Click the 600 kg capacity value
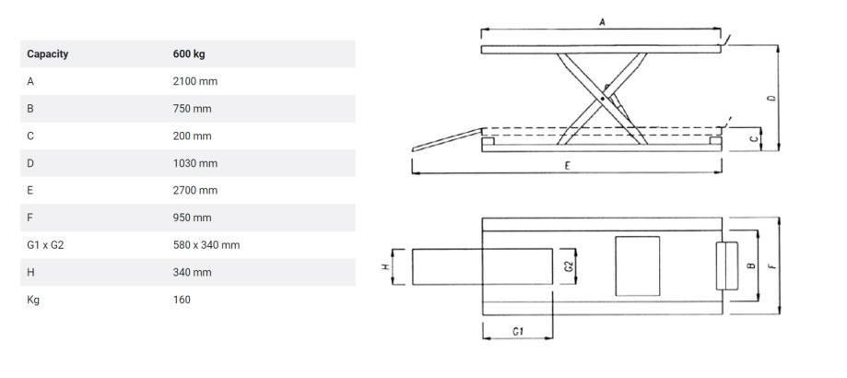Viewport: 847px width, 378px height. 188,53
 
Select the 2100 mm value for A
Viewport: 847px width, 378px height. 194,81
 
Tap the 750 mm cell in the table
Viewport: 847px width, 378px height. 192,109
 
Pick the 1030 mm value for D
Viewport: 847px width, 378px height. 194,163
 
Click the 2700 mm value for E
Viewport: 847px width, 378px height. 194,191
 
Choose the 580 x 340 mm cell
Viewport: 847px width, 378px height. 206,245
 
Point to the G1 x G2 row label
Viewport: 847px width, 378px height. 46,245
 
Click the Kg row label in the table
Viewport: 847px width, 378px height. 33,300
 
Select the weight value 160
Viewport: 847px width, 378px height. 182,300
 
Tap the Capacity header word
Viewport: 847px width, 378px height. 47,53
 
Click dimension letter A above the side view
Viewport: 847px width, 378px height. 602,21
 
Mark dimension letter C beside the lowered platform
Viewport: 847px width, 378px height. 753,138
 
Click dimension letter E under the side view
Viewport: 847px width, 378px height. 568,165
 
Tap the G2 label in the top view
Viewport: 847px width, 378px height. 568,266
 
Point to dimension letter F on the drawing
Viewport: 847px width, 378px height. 771,266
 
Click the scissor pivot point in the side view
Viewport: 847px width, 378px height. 603,95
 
